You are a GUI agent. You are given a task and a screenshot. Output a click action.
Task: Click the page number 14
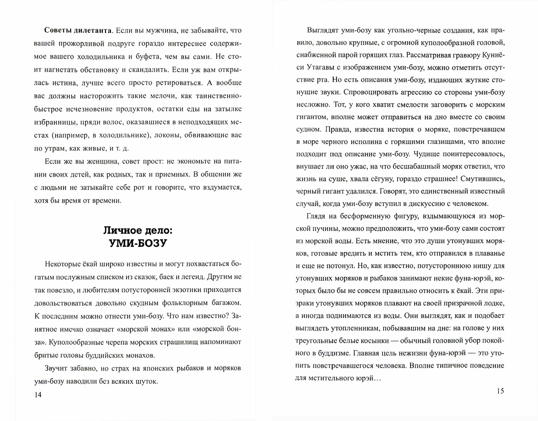tap(38, 395)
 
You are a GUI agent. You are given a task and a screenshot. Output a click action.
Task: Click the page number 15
tap(500, 391)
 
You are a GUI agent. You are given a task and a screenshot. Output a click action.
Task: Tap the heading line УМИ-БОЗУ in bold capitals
tap(138, 243)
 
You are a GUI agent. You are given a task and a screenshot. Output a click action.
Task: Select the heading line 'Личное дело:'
tap(138, 230)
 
